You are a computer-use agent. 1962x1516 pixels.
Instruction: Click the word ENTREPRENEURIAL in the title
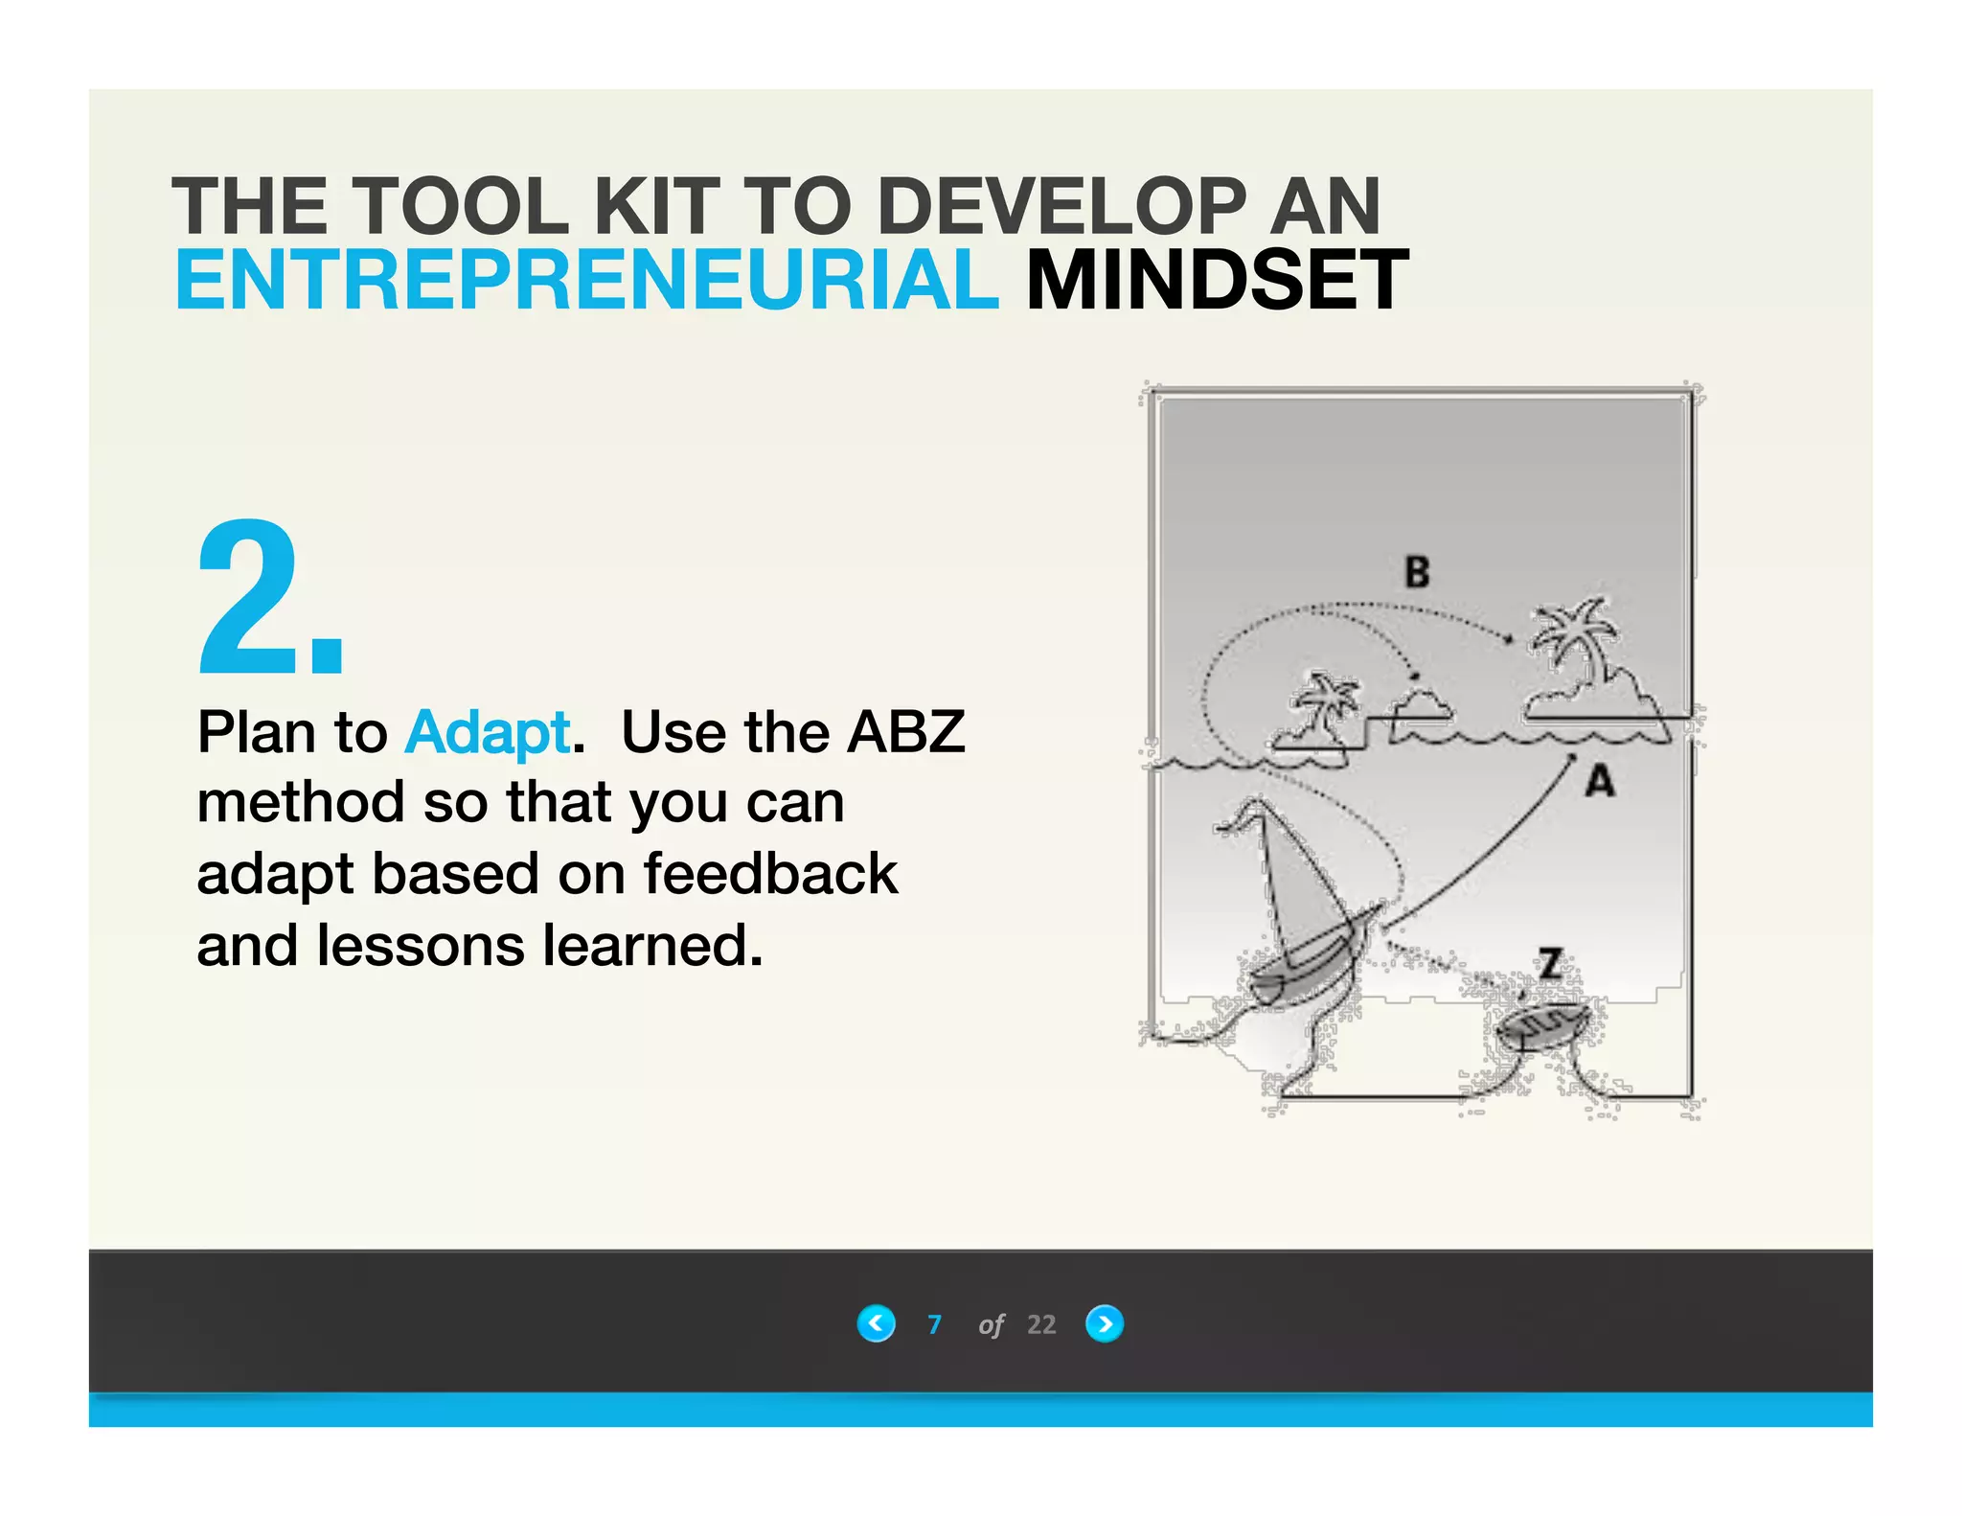586,280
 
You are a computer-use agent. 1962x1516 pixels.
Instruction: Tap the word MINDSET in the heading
1216,280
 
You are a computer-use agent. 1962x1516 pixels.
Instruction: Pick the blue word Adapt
488,733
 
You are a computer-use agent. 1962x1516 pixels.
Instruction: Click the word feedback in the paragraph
769,874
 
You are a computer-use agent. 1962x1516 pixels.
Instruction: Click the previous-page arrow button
876,1323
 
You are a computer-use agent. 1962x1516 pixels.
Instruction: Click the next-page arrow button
1104,1323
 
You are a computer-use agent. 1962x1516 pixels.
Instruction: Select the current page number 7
934,1324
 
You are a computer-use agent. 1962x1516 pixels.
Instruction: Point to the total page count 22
1041,1324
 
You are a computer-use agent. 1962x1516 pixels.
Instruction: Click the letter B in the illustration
1417,572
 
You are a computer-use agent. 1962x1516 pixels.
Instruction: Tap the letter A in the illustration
1599,781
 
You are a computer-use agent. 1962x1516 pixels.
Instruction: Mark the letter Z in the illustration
1549,962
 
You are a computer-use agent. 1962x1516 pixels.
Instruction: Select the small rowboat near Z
1540,1025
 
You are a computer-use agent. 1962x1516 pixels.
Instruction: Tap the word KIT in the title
656,206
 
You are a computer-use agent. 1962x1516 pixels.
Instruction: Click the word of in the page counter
991,1325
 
